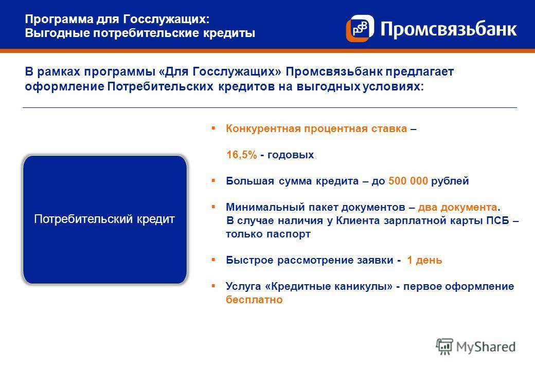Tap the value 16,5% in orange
pyautogui.click(x=242, y=155)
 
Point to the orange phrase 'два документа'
pyautogui.click(x=458, y=207)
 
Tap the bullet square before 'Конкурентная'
pyautogui.click(x=213, y=128)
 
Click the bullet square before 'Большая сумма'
pyautogui.click(x=213, y=181)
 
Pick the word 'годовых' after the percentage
pyautogui.click(x=290, y=155)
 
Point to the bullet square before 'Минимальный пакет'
pyautogui.click(x=213, y=207)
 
